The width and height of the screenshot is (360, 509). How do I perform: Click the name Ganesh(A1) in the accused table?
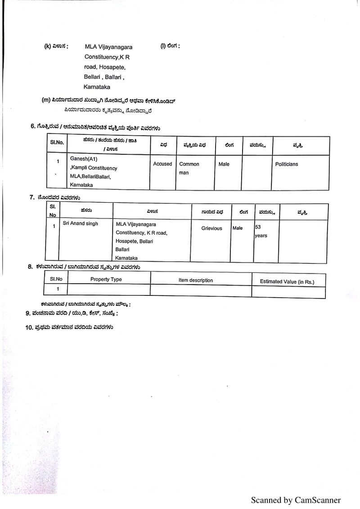tap(84, 159)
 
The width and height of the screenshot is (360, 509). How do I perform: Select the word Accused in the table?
tap(162, 164)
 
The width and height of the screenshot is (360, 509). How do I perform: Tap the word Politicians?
tap(287, 165)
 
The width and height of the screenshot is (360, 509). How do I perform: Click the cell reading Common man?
tap(189, 168)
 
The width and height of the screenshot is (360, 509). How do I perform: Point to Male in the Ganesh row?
tap(224, 165)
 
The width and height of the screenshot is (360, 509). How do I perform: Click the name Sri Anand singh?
tap(81, 223)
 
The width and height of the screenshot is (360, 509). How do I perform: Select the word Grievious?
tap(211, 228)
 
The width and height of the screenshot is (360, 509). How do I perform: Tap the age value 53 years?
tap(261, 231)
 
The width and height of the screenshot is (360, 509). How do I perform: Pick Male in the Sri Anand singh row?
tap(237, 228)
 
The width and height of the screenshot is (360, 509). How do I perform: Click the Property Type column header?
tap(106, 279)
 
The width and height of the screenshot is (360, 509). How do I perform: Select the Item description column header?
tap(196, 280)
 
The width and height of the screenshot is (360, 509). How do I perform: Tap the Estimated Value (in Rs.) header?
tap(287, 281)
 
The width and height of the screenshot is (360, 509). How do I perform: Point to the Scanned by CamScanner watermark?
tap(296, 500)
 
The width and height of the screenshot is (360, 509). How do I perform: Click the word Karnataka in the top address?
tap(97, 87)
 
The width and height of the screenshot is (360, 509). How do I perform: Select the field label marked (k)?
tap(56, 46)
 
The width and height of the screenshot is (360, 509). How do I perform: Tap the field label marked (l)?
tap(170, 46)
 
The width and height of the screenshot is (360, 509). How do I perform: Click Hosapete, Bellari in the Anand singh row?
tap(134, 241)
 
